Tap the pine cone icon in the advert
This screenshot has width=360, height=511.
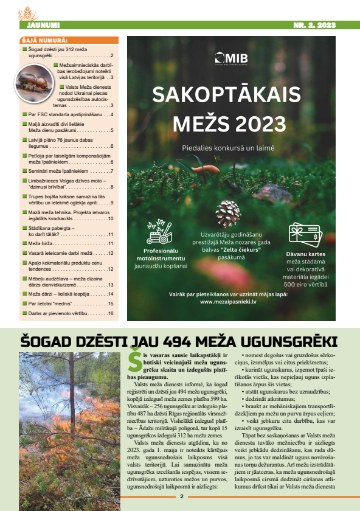coord(228,214)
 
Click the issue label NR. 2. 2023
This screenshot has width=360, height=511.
coord(314,25)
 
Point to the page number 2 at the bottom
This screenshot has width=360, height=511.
coord(181,496)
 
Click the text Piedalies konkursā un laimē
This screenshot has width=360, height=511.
coord(228,148)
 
